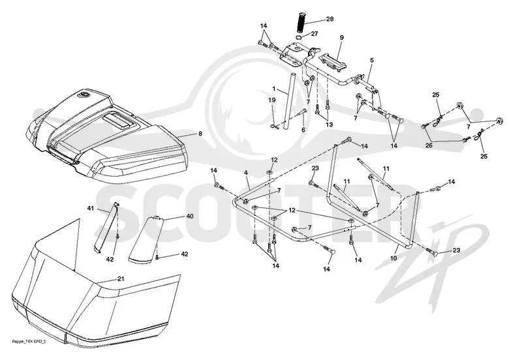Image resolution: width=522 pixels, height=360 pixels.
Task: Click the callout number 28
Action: [x=330, y=20]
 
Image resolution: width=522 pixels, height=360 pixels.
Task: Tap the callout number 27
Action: [x=315, y=34]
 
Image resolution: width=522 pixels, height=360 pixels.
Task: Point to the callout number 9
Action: [x=341, y=38]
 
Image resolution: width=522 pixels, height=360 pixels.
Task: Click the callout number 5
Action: [x=372, y=60]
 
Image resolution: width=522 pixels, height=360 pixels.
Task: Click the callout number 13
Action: [x=329, y=125]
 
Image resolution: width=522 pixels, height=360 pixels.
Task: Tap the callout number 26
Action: [x=429, y=145]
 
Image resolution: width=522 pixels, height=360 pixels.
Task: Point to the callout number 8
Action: [x=200, y=134]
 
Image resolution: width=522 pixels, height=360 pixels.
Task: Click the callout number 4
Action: [x=246, y=173]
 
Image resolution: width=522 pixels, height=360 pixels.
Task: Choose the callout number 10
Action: [x=394, y=258]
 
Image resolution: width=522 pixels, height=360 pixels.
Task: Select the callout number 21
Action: [x=121, y=279]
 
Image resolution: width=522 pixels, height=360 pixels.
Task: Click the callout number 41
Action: [x=91, y=208]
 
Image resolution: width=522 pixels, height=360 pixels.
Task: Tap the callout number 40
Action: [x=190, y=217]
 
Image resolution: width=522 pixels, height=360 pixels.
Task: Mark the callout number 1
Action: [x=274, y=89]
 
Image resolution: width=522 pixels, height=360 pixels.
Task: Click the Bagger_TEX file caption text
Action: [x=28, y=342]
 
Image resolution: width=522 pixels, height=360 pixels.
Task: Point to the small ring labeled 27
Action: [x=299, y=37]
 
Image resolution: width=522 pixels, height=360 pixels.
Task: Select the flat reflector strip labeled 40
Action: [x=146, y=239]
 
